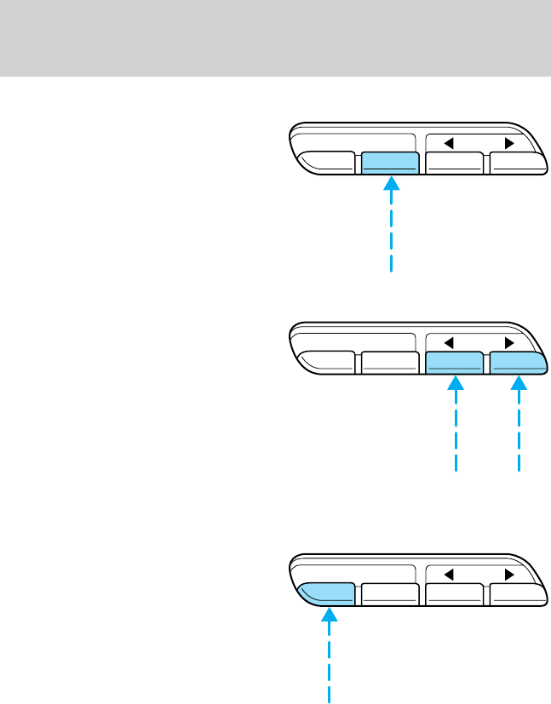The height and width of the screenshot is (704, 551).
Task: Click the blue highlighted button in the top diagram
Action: pyautogui.click(x=389, y=163)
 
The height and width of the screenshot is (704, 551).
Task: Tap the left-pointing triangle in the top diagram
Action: pyautogui.click(x=447, y=142)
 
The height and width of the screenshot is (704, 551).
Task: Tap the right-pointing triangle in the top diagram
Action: pyautogui.click(x=509, y=142)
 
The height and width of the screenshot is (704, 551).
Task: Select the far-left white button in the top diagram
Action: pyautogui.click(x=328, y=163)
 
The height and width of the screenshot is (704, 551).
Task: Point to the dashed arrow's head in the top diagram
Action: pyautogui.click(x=390, y=182)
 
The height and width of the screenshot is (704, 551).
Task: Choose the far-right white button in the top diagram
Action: pyautogui.click(x=516, y=163)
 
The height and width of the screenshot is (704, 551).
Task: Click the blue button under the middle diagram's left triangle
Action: pyautogui.click(x=455, y=363)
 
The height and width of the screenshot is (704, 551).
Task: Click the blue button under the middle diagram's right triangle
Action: pyautogui.click(x=516, y=363)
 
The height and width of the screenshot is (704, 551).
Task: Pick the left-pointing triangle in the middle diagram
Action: pyautogui.click(x=447, y=343)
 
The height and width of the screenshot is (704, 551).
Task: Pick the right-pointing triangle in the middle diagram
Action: pyautogui.click(x=509, y=343)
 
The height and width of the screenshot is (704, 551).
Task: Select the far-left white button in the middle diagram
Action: pyautogui.click(x=328, y=363)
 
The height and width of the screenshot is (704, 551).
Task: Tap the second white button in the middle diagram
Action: pyautogui.click(x=389, y=364)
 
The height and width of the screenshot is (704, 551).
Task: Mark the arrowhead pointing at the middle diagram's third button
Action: pyautogui.click(x=456, y=383)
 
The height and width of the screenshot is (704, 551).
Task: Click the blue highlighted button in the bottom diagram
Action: pyautogui.click(x=328, y=593)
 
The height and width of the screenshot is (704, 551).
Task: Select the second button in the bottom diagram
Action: pyautogui.click(x=389, y=594)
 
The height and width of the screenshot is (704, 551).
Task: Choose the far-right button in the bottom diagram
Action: pyautogui.click(x=516, y=594)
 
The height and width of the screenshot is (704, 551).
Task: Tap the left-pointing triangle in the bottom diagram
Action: pyautogui.click(x=447, y=573)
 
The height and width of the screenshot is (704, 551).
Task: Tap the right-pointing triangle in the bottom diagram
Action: pyautogui.click(x=509, y=573)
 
